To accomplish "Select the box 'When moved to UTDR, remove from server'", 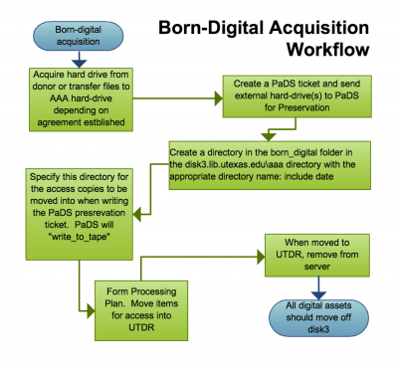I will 313,255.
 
